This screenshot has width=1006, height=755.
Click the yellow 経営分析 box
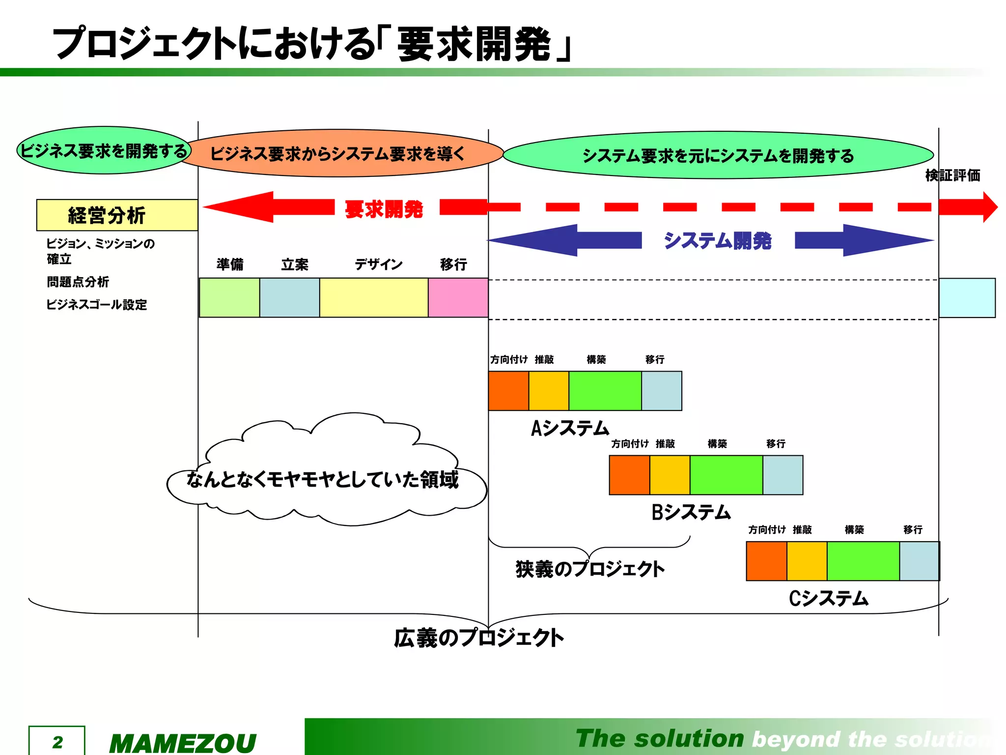click(x=117, y=215)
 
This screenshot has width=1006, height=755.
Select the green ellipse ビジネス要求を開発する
click(x=104, y=150)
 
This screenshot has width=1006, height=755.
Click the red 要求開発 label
click(x=384, y=209)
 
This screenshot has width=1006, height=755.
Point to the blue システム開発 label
click(x=718, y=241)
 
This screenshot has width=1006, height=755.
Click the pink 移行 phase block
click(x=458, y=298)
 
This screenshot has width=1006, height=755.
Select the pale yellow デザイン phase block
click(x=374, y=298)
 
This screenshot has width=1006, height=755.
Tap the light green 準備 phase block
click(x=229, y=298)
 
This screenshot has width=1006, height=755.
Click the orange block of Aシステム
click(x=508, y=391)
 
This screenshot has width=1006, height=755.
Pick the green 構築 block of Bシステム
click(x=726, y=475)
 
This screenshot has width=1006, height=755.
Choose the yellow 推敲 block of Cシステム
click(x=807, y=561)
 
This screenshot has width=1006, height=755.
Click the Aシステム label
click(x=570, y=428)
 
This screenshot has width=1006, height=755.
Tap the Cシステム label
click(x=829, y=599)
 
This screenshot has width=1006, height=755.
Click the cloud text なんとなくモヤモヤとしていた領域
click(x=323, y=479)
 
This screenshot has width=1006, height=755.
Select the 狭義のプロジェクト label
click(x=590, y=569)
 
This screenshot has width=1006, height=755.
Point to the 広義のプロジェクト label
click(x=479, y=638)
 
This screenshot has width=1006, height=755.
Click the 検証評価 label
click(x=952, y=175)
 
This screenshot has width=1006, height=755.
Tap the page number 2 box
click(x=57, y=741)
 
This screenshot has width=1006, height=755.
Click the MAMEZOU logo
click(x=183, y=743)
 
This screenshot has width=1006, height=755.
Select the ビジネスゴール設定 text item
click(x=97, y=305)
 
